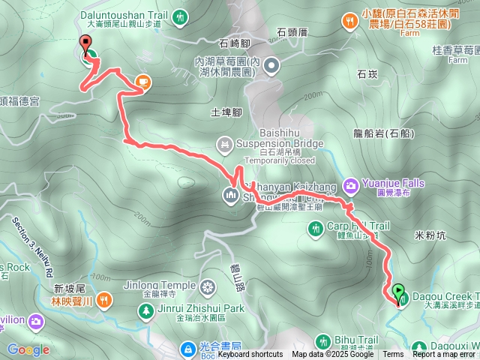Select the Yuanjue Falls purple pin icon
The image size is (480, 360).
click(350, 184)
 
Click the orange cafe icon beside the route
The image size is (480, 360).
click(142, 81)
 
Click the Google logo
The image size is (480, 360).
click(28, 349)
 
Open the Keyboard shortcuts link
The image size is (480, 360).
click(250, 355)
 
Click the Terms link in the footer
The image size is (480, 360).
click(393, 355)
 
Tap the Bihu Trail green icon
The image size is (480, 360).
click(324, 340)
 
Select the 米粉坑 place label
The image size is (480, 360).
click(430, 235)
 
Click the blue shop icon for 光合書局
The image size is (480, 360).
click(188, 348)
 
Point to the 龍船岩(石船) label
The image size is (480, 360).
click(382, 133)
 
